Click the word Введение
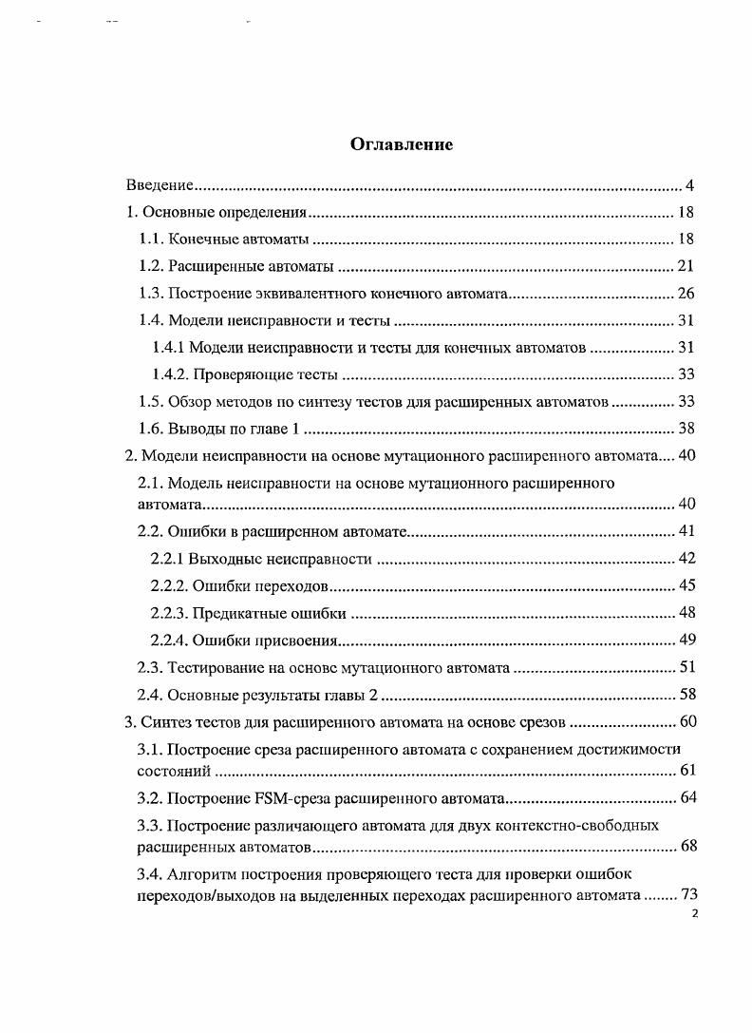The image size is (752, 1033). tap(160, 184)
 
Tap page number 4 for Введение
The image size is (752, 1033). tap(690, 184)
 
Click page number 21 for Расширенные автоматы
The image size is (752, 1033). tap(686, 266)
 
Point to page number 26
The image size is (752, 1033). tap(686, 293)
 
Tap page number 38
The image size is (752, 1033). tap(686, 429)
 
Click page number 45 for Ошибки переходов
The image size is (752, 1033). tap(686, 585)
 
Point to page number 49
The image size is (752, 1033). tap(686, 640)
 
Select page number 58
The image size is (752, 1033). tap(686, 695)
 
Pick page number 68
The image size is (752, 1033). tap(687, 846)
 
